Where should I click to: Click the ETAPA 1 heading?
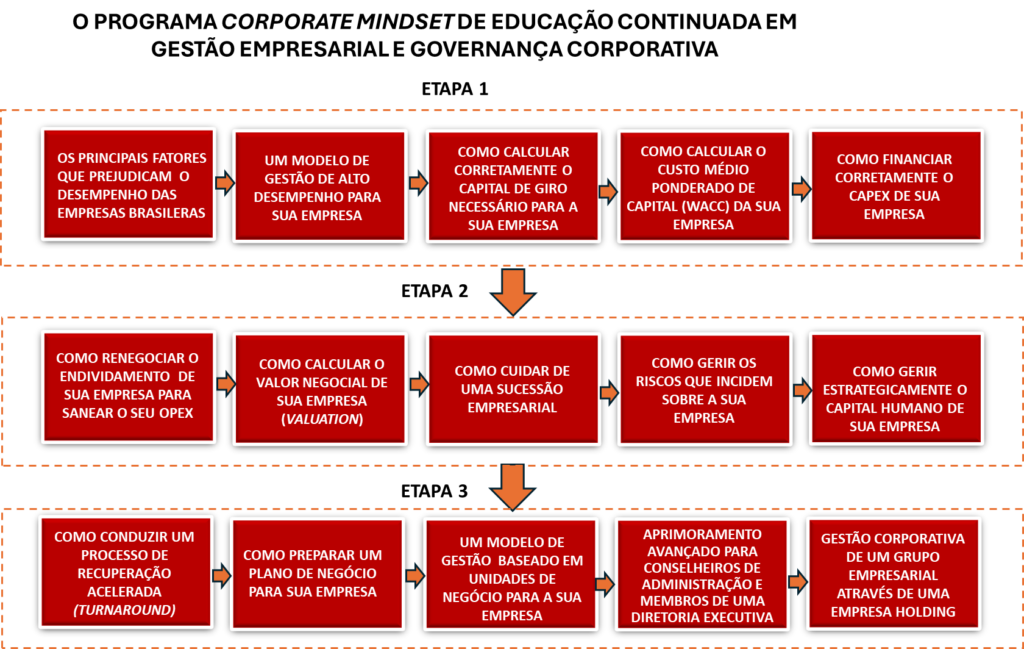tap(455, 89)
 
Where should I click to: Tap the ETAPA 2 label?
tap(434, 291)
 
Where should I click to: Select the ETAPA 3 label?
tap(434, 491)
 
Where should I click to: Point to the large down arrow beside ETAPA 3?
tap(513, 487)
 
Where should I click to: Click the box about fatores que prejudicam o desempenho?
tap(129, 185)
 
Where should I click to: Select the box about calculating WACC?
tap(705, 187)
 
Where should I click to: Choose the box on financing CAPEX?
tap(896, 186)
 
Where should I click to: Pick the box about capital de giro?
tap(513, 187)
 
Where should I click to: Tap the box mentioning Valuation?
tap(321, 390)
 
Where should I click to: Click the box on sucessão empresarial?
tap(513, 390)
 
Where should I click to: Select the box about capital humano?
tap(896, 389)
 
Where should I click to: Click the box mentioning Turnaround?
tap(126, 573)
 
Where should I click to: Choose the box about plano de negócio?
tap(317, 575)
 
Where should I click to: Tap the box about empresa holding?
tap(894, 574)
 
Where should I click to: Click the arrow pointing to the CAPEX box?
tap(801, 189)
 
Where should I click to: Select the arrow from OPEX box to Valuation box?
tap(225, 384)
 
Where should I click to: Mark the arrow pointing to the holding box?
tap(797, 582)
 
